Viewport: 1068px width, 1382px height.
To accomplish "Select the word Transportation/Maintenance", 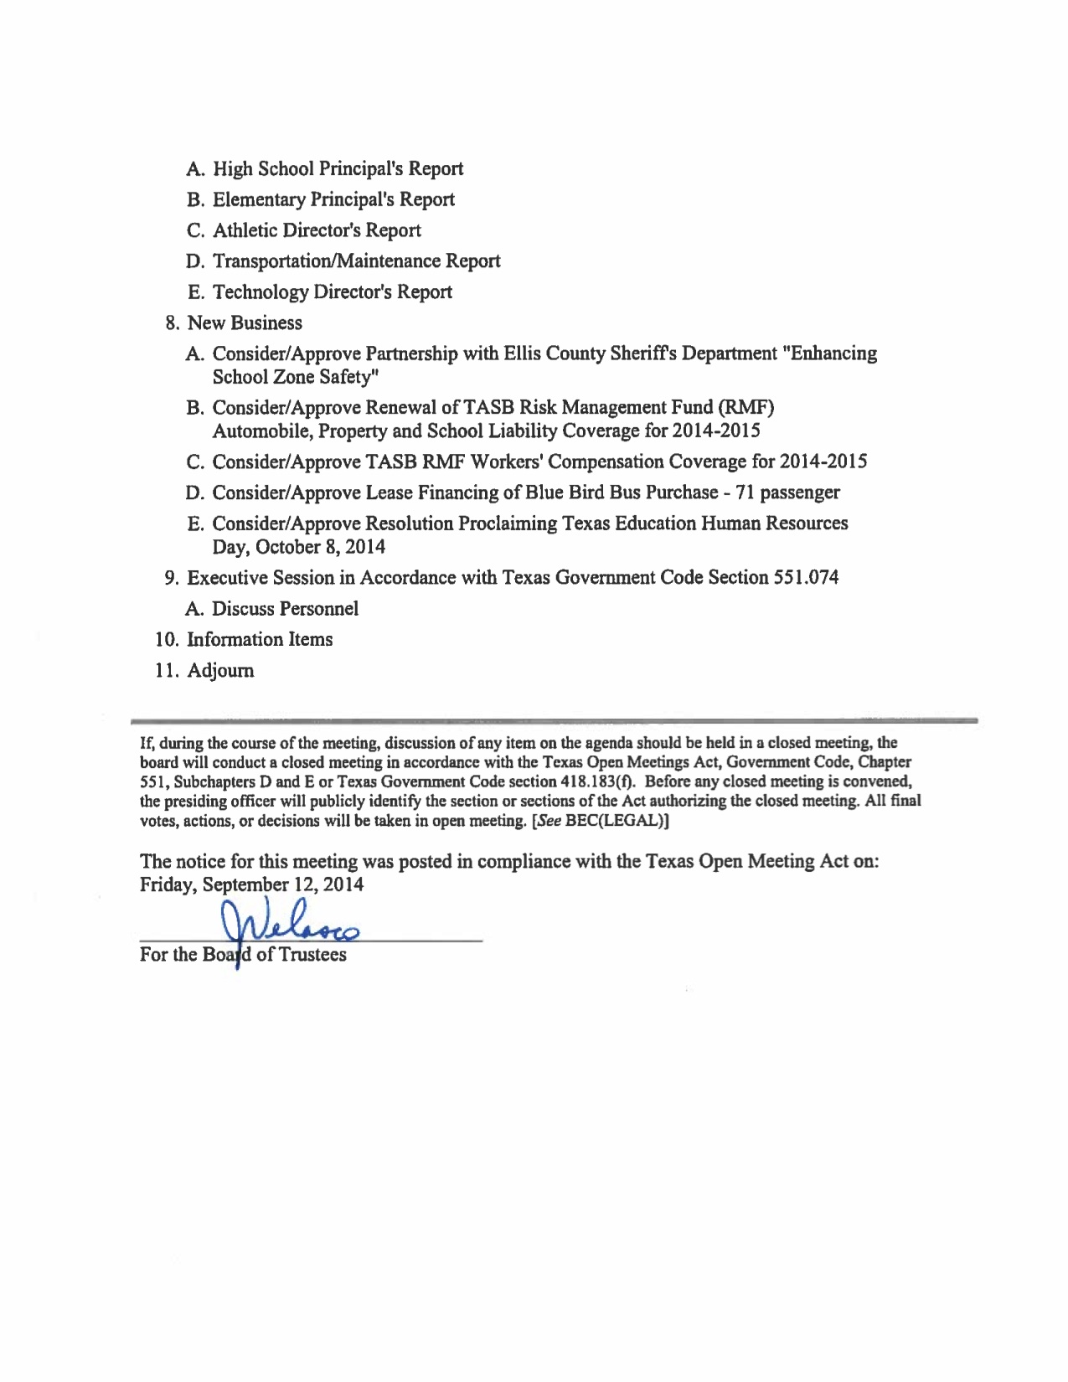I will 327,261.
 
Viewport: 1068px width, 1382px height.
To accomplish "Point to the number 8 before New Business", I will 171,323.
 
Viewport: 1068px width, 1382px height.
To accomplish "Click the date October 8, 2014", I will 320,548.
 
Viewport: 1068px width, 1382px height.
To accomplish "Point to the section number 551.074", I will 803,578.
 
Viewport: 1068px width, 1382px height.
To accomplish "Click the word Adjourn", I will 220,671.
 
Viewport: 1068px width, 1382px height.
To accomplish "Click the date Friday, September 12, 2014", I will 251,884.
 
